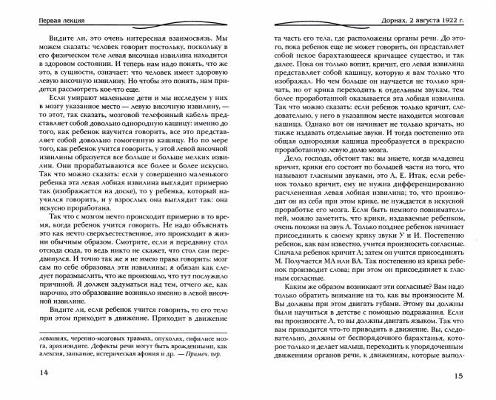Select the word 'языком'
[x=426, y=346]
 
